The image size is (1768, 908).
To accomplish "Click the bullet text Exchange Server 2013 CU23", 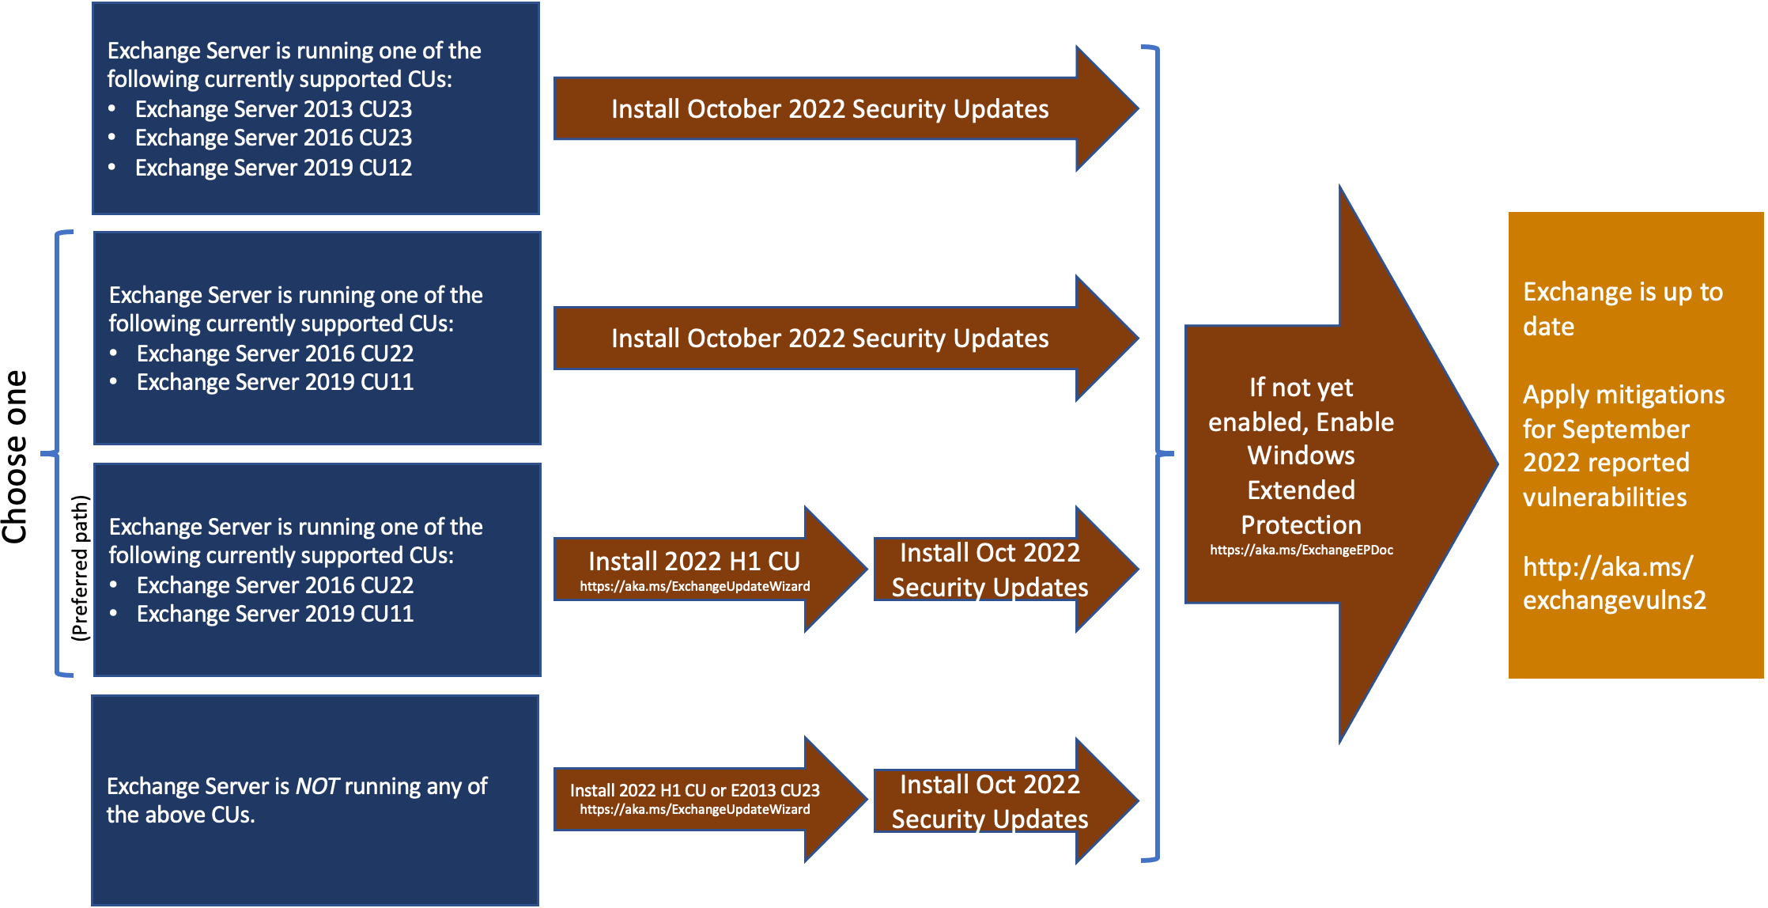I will coord(273,109).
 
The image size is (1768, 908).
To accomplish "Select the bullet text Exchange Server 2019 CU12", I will coord(273,168).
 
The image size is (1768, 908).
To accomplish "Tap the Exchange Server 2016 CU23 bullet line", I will coord(273,138).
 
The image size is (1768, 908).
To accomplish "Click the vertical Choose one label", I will coord(16,457).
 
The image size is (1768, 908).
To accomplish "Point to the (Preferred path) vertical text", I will coord(80,568).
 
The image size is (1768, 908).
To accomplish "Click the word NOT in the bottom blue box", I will coord(317,786).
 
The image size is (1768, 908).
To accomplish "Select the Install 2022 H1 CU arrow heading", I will coord(693,561).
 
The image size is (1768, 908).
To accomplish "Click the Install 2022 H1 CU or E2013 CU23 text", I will coord(694,790).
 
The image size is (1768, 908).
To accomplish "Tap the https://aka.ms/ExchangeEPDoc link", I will coord(1301,550).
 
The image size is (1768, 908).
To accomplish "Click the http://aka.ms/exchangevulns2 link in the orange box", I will coord(1613,584).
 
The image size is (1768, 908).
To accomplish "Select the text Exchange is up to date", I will coord(1621,308).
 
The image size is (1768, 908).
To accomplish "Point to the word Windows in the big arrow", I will coord(1301,456).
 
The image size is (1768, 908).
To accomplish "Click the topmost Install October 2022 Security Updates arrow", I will coord(829,109).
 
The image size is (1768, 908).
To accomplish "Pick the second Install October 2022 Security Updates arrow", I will coord(829,339).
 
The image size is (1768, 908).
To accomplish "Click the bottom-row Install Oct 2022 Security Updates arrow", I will coord(989,801).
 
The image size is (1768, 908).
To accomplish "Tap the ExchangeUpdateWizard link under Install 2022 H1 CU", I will coord(694,587).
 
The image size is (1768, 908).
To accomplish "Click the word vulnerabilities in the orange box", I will coord(1604,498).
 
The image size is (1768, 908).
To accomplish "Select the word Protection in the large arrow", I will coord(1301,525).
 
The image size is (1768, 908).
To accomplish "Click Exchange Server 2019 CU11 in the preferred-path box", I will coord(274,615).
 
